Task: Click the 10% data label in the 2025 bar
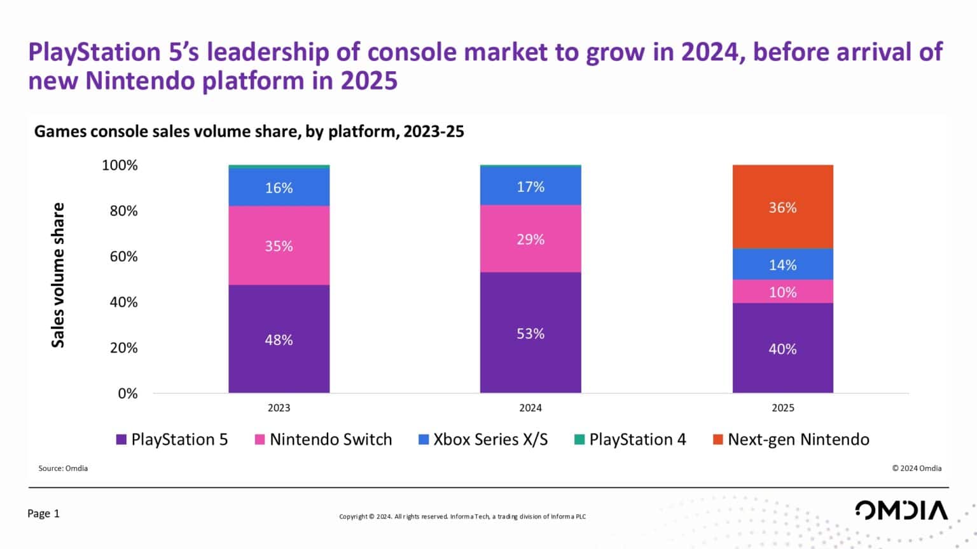point(782,292)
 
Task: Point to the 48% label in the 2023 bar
point(279,339)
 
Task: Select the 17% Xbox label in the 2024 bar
point(530,186)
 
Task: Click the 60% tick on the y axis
point(123,256)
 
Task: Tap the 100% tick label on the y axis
point(120,165)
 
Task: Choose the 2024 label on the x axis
point(530,407)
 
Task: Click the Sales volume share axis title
point(58,274)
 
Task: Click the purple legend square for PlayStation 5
point(121,439)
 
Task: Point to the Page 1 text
point(43,513)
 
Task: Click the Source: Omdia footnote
point(63,468)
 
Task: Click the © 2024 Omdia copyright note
point(916,468)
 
